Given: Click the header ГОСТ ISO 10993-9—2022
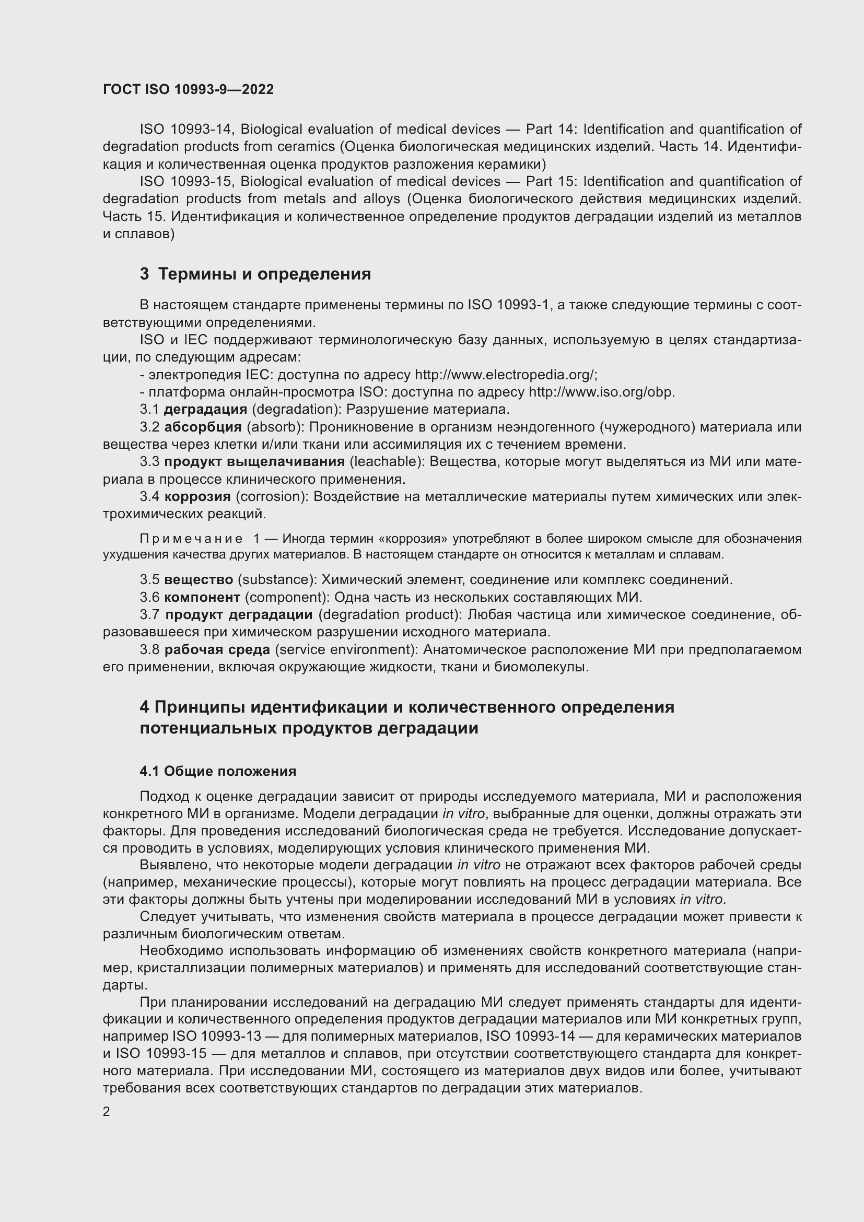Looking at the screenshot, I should point(189,89).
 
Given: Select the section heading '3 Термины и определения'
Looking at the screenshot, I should point(255,274).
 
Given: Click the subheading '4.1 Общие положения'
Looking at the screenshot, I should point(218,771).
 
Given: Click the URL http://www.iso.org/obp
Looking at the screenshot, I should point(601,392).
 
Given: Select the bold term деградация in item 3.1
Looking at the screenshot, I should point(205,409).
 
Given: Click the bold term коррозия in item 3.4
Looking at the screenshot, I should point(197,496).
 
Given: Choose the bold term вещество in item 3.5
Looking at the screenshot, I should point(199,579).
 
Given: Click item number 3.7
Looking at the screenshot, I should point(149,615).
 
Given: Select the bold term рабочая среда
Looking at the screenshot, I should point(217,650).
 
